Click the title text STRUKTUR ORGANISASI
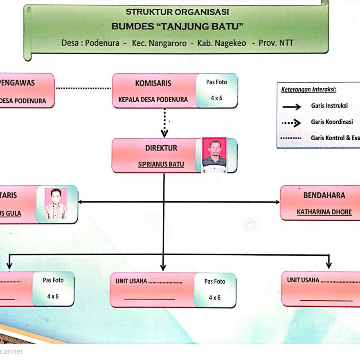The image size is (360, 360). click(x=177, y=12)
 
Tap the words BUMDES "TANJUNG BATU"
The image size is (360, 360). click(x=177, y=27)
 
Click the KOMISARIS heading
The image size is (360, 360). click(x=153, y=83)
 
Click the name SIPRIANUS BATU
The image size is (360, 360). click(x=161, y=165)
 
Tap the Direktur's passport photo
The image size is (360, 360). click(x=214, y=155)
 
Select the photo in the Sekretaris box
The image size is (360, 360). click(x=56, y=203)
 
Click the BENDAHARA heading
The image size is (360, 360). click(x=324, y=195)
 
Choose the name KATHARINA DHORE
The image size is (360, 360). click(x=324, y=212)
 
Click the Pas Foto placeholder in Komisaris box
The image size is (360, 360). click(x=216, y=90)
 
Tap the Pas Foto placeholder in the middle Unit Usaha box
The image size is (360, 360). click(x=214, y=289)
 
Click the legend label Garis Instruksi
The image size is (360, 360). click(x=329, y=106)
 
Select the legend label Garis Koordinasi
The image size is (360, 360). click(x=331, y=122)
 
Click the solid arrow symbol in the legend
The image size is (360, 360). click(x=291, y=106)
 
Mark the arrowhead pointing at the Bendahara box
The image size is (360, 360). click(x=277, y=202)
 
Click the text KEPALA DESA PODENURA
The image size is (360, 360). click(x=153, y=99)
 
